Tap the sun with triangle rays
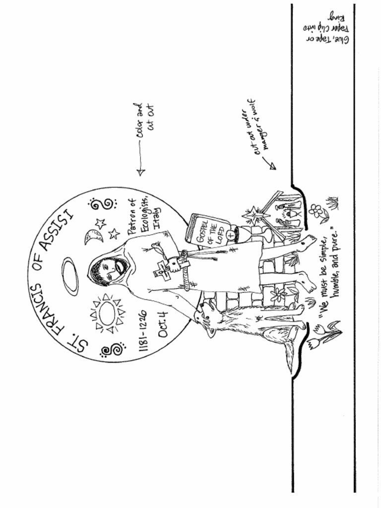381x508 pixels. click(107, 313)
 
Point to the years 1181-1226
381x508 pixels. click(143, 331)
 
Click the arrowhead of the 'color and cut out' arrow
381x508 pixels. click(140, 172)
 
